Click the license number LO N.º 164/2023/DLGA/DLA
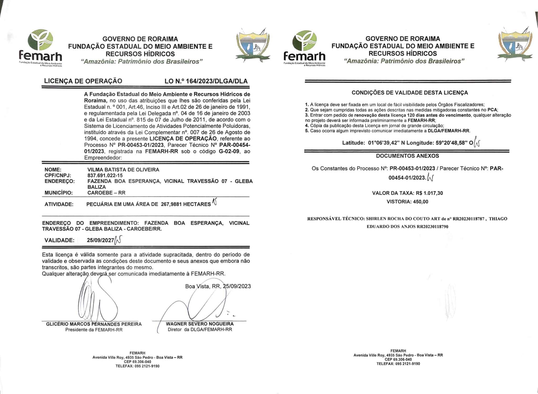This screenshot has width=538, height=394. tap(206, 81)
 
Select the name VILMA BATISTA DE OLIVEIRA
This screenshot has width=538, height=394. tap(123, 170)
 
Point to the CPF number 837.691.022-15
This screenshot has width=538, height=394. tap(105, 176)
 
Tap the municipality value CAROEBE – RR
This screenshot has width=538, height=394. tap(106, 193)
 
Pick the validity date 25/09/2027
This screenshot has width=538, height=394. tap(100, 240)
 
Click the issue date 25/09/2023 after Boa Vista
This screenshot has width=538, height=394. tap(237, 286)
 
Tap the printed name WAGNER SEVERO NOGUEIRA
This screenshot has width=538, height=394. tap(200, 324)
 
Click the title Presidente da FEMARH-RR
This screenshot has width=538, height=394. tap(94, 330)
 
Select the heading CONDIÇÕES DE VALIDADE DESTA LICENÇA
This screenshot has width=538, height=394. tap(410, 93)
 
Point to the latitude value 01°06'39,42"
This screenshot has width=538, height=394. tap(384, 143)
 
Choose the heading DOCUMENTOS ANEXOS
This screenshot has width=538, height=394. tap(407, 156)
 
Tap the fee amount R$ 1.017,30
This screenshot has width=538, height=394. tap(429, 193)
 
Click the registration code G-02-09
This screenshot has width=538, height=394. tap(229, 151)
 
